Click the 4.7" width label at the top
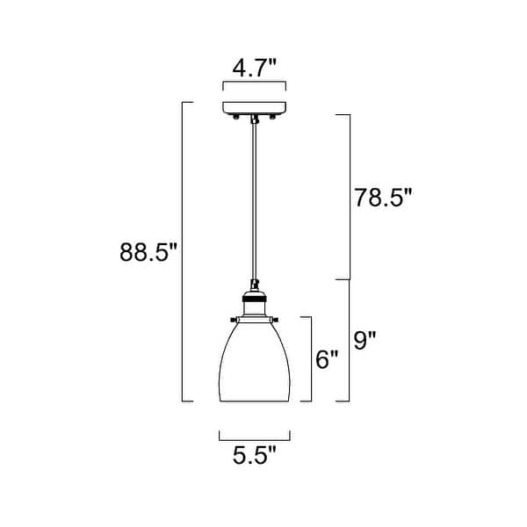pyautogui.click(x=254, y=67)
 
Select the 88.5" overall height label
pyautogui.click(x=149, y=252)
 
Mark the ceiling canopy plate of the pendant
pyautogui.click(x=254, y=108)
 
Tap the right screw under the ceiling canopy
pyautogui.click(x=272, y=118)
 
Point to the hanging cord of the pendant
pyautogui.click(x=255, y=202)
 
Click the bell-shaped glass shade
pyautogui.click(x=255, y=360)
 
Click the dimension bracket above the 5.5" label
pyautogui.click(x=255, y=437)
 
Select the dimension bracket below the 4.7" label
pyautogui.click(x=254, y=85)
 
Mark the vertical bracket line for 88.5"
pyautogui.click(x=183, y=252)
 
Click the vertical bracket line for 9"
pyautogui.click(x=350, y=340)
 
